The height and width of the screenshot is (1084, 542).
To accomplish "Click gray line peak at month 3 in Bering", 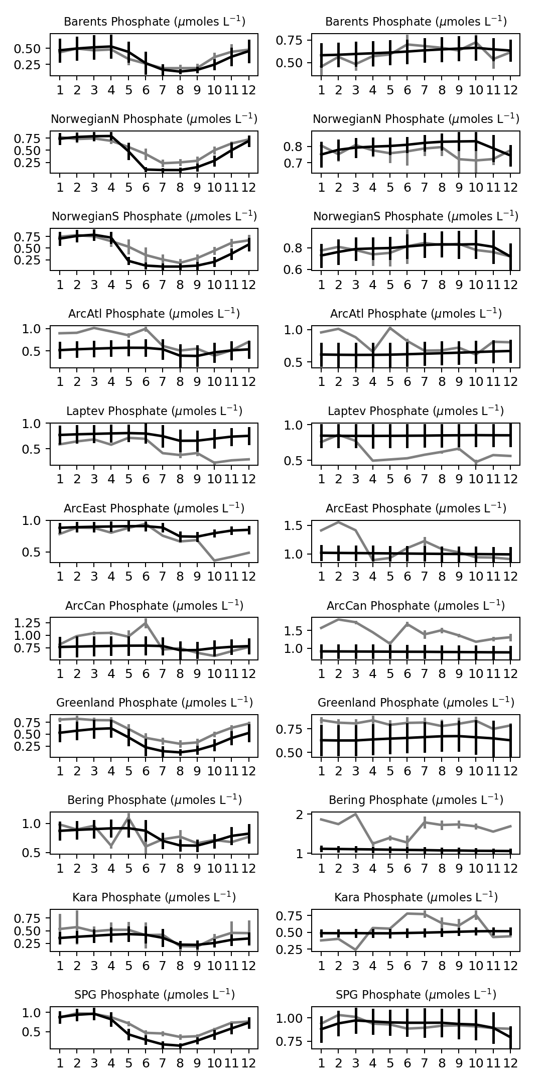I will [x=356, y=814].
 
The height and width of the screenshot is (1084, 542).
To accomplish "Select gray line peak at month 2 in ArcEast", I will [x=339, y=522].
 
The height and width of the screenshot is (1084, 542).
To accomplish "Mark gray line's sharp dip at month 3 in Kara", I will [x=356, y=950].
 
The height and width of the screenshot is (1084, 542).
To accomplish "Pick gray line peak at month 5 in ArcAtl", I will [x=390, y=328].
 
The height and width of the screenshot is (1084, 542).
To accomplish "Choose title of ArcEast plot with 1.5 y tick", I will [x=416, y=508].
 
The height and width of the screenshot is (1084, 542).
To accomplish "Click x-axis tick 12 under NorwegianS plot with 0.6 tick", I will [x=510, y=285].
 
